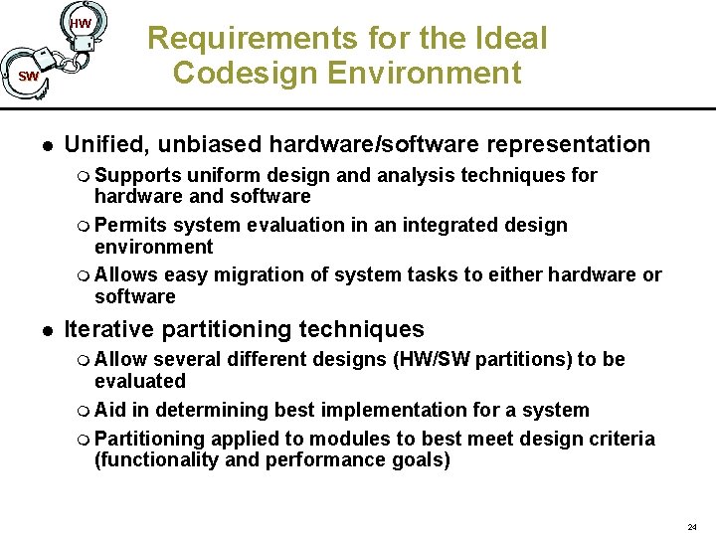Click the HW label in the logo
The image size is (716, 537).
81,23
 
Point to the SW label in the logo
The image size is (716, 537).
28,77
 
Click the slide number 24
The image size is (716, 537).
692,526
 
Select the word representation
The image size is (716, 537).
566,144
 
